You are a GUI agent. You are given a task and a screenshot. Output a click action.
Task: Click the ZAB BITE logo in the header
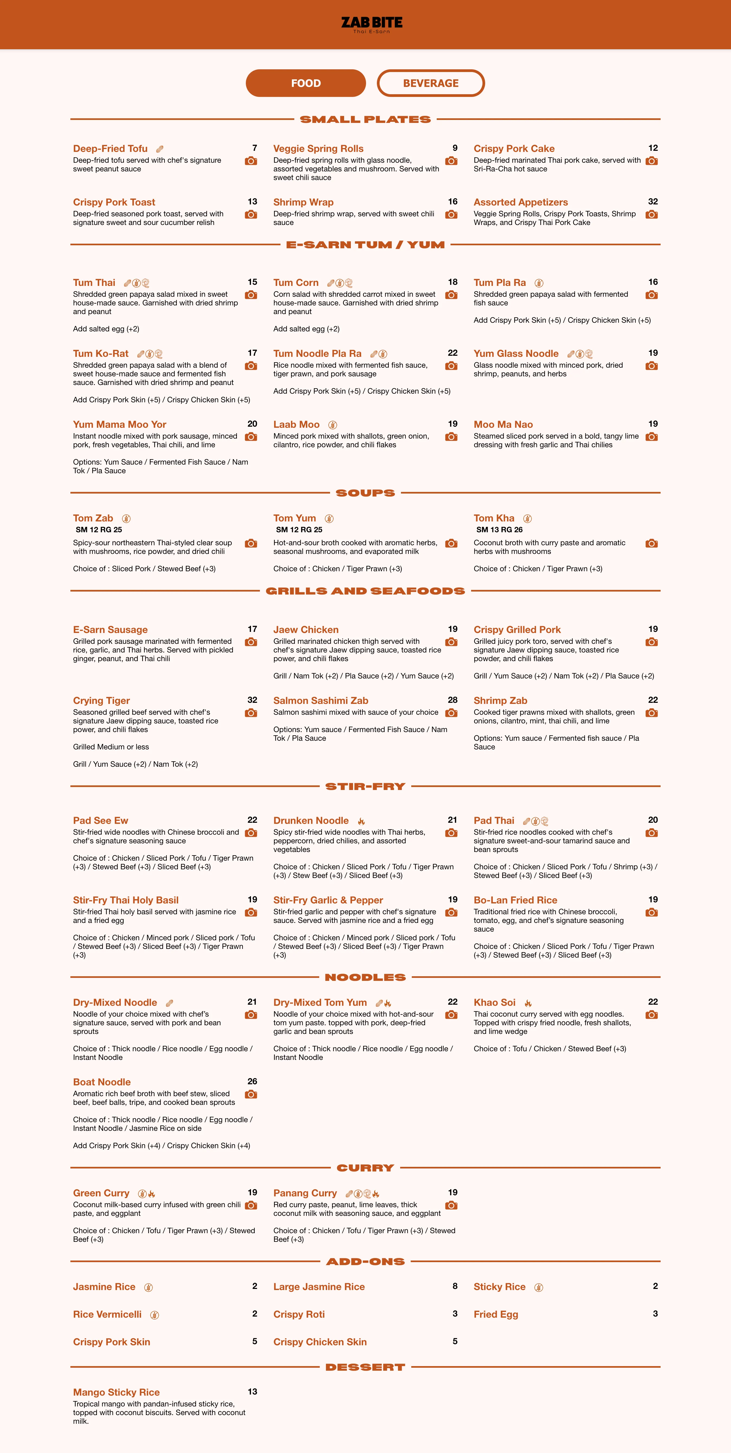coord(372,24)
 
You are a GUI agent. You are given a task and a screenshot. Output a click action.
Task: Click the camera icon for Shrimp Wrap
coord(451,214)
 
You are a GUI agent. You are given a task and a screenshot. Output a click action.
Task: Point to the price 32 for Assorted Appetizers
coord(652,201)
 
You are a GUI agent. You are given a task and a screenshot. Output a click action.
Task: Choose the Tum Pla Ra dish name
coord(500,283)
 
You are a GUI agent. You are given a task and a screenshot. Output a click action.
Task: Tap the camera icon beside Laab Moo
coord(451,437)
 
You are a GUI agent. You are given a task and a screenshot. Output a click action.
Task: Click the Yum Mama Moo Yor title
coord(120,424)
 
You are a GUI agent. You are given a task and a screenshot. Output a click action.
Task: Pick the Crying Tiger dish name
coord(102,701)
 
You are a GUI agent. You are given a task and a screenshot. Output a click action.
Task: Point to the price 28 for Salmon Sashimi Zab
coord(452,700)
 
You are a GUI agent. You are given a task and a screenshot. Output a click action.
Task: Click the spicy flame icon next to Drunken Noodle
coord(361,821)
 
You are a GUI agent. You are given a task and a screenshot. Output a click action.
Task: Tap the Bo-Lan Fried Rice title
coord(515,900)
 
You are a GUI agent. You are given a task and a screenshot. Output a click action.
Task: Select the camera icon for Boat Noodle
coord(251,1094)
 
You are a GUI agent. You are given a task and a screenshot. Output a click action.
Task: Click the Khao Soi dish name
coord(495,1002)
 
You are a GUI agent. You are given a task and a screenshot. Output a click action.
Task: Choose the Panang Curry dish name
coord(305,1193)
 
